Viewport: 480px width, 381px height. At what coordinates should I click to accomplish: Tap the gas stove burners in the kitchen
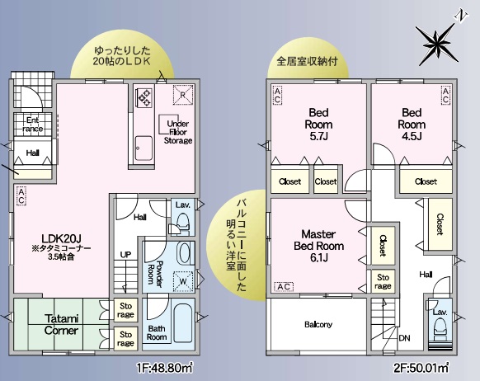click(x=144, y=97)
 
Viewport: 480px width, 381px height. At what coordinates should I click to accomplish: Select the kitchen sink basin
click(x=144, y=148)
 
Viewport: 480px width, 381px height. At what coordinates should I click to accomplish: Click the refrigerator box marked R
click(x=183, y=95)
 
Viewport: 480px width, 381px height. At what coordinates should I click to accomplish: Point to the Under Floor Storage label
click(x=178, y=132)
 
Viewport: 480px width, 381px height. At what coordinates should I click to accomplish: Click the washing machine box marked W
click(x=183, y=281)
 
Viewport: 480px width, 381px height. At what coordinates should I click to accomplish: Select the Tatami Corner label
click(x=61, y=324)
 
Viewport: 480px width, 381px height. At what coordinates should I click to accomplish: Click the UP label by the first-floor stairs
click(x=125, y=254)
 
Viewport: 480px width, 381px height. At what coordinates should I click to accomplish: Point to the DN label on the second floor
click(x=404, y=338)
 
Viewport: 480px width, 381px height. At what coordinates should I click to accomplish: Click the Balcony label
click(x=318, y=324)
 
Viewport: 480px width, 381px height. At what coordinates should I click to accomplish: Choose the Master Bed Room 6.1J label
click(x=318, y=246)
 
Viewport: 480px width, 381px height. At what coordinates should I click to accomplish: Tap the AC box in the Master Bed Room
click(x=284, y=287)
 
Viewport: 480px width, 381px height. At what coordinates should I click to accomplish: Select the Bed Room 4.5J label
click(x=412, y=125)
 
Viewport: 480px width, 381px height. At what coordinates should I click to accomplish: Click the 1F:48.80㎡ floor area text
click(x=165, y=368)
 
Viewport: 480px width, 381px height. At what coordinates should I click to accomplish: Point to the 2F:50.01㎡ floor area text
click(x=421, y=368)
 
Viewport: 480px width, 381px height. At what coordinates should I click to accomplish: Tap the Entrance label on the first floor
click(x=32, y=125)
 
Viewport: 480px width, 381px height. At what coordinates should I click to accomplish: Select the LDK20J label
click(x=61, y=238)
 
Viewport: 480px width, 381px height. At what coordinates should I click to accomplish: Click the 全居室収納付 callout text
click(x=307, y=61)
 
